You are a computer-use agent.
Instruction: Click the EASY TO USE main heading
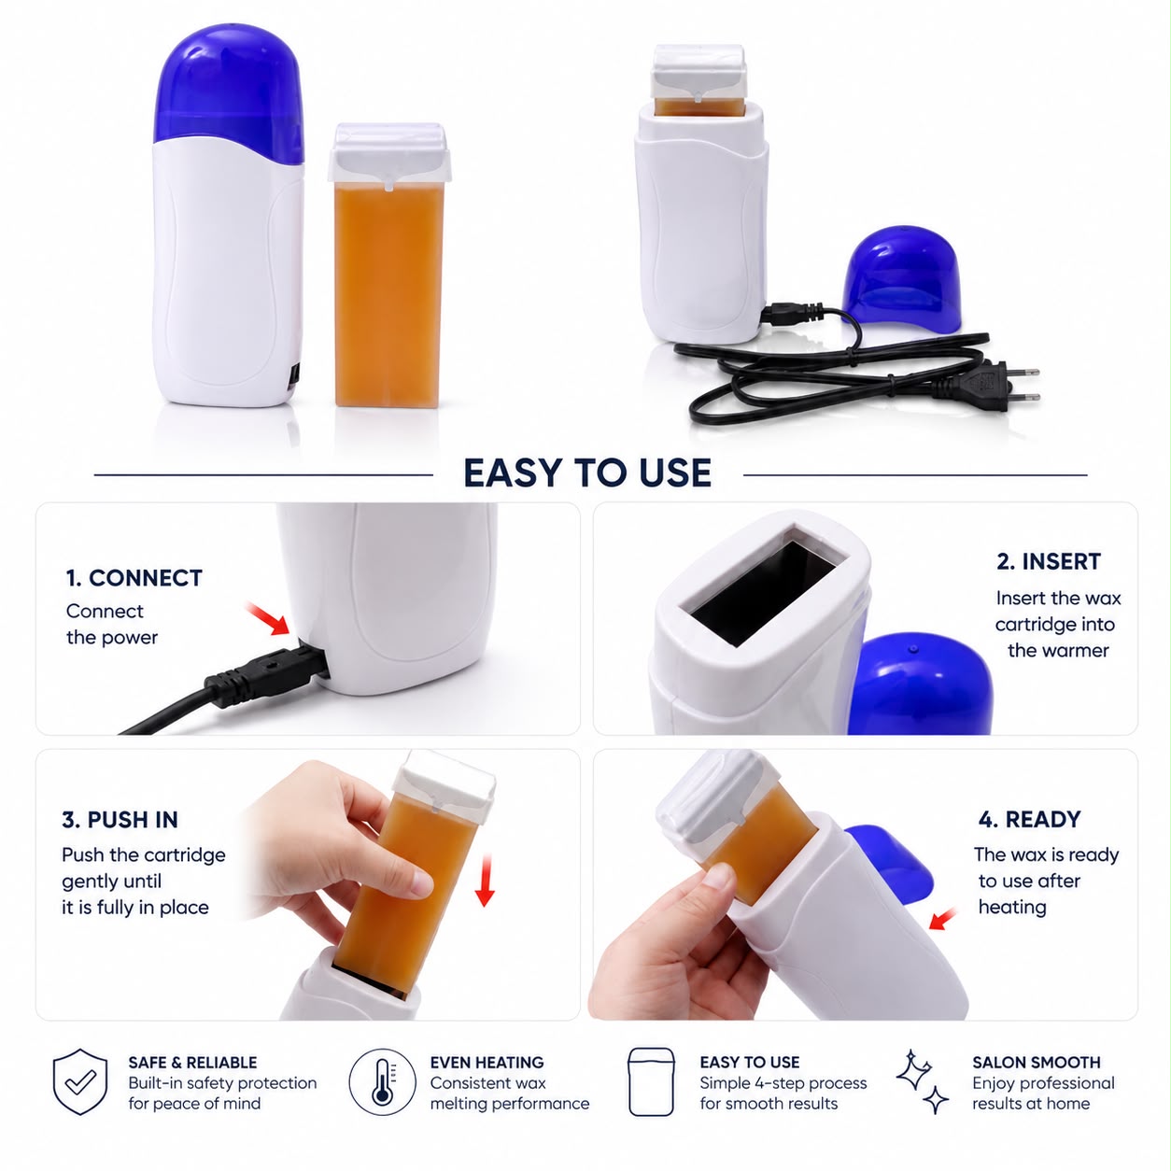[587, 473]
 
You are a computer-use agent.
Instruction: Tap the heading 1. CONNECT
[134, 578]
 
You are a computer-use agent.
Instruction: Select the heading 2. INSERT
[1049, 561]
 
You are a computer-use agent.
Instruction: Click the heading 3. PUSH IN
[120, 820]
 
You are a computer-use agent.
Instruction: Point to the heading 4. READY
[1030, 819]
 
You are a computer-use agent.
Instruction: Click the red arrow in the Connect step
[268, 618]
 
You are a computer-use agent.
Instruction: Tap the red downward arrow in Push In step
[485, 881]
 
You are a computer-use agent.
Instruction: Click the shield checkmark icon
[80, 1081]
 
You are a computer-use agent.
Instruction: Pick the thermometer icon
[382, 1082]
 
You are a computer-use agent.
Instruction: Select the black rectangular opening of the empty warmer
[764, 594]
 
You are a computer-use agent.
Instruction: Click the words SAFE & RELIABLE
[192, 1063]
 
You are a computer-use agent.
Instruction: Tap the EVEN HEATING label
[487, 1063]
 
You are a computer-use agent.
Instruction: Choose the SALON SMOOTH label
[1037, 1063]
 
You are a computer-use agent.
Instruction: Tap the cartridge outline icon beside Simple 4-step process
[651, 1081]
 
